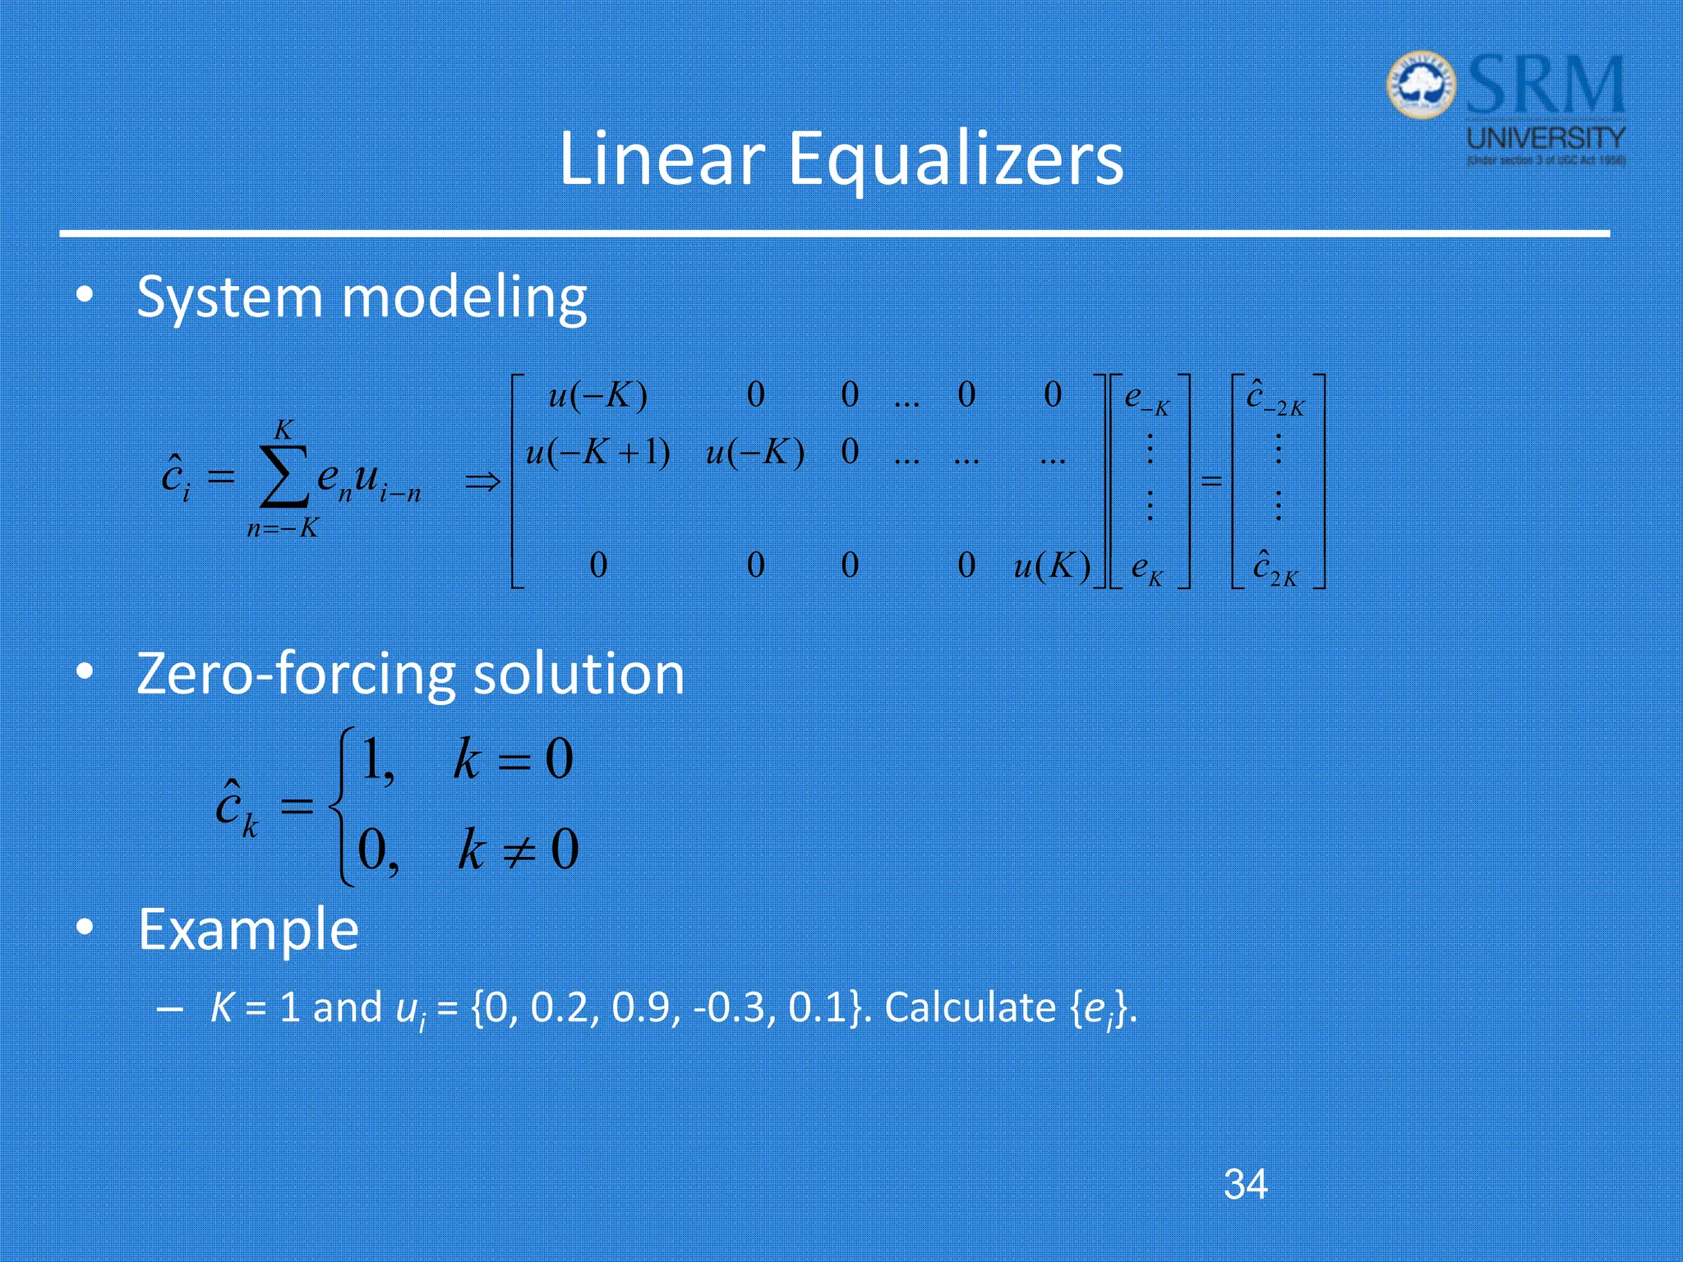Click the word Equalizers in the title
tap(955, 159)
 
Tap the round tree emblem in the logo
tap(1420, 86)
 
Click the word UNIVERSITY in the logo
tap(1546, 138)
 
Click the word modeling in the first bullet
tap(463, 297)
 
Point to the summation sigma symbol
tap(284, 477)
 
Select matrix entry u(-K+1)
tap(597, 453)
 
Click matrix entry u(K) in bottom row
tap(1051, 566)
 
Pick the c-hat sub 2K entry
tap(1275, 569)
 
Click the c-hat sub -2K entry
tap(1275, 398)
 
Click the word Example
tap(248, 929)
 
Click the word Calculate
tap(969, 1008)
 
